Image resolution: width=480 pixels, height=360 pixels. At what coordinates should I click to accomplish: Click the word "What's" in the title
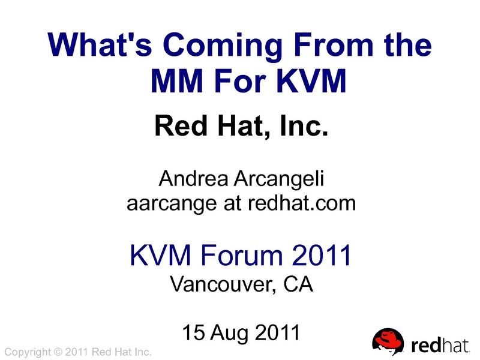point(100,44)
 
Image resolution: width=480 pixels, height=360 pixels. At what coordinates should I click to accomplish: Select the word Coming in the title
point(223,47)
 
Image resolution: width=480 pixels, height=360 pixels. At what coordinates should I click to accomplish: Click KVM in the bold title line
point(311,80)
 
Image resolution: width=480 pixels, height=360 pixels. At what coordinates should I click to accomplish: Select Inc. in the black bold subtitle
point(304,125)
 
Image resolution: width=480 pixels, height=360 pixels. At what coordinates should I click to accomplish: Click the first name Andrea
point(193,178)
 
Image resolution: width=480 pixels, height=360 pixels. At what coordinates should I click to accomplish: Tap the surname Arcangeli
point(278,179)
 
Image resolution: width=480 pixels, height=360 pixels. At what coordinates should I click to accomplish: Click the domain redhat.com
point(302,203)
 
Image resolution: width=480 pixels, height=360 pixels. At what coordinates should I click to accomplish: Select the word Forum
point(241,255)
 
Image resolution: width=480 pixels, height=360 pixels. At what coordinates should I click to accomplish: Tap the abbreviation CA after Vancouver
point(298,284)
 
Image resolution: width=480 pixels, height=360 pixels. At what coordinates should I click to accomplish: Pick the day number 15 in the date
point(193,332)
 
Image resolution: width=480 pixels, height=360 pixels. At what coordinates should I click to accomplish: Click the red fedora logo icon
point(388,342)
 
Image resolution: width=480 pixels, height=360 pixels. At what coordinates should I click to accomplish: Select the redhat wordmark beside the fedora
point(440,346)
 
